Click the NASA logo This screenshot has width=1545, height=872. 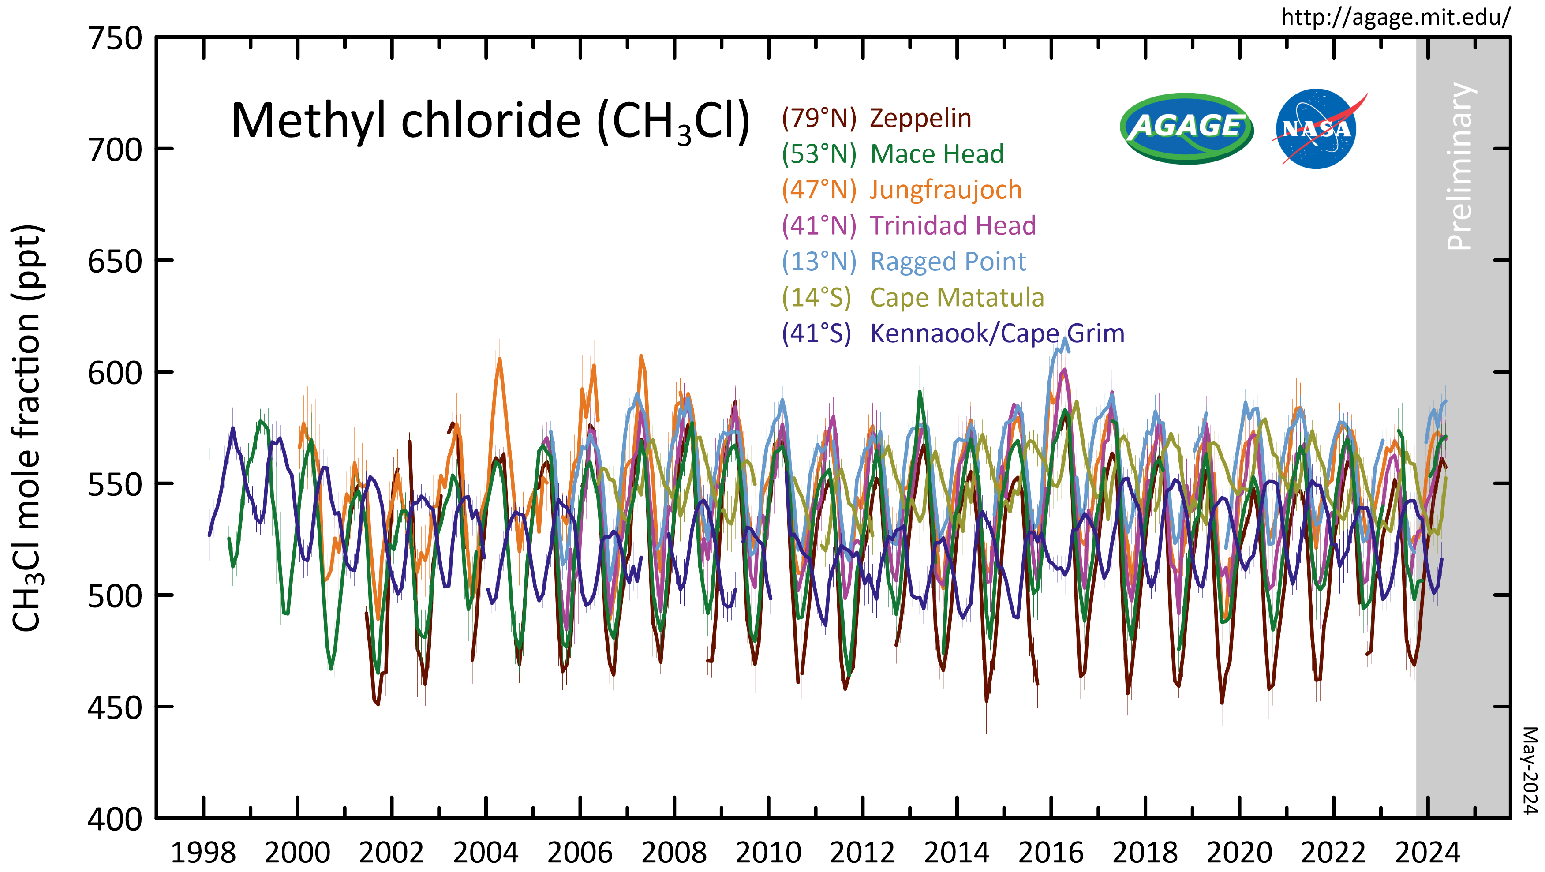coord(1316,128)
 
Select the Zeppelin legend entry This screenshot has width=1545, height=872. coord(876,118)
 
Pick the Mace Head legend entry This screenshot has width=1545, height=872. coord(892,154)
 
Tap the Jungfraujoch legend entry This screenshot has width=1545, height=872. coord(902,190)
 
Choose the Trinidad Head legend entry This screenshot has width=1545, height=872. coord(909,225)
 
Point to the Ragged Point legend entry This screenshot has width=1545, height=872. coord(903,262)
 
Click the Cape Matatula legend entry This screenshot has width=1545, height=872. coord(912,297)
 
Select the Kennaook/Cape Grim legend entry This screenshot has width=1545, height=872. coord(952,333)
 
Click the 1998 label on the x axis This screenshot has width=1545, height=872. coord(203,852)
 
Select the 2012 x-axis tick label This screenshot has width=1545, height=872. coord(862,852)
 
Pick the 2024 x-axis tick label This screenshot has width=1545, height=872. coord(1427,852)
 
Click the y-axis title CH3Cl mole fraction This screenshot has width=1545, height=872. coord(27,428)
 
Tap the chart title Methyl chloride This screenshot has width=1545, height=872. coord(490,122)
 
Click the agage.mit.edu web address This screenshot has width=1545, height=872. coord(1395,17)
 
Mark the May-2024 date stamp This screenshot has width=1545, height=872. coord(1530,771)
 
